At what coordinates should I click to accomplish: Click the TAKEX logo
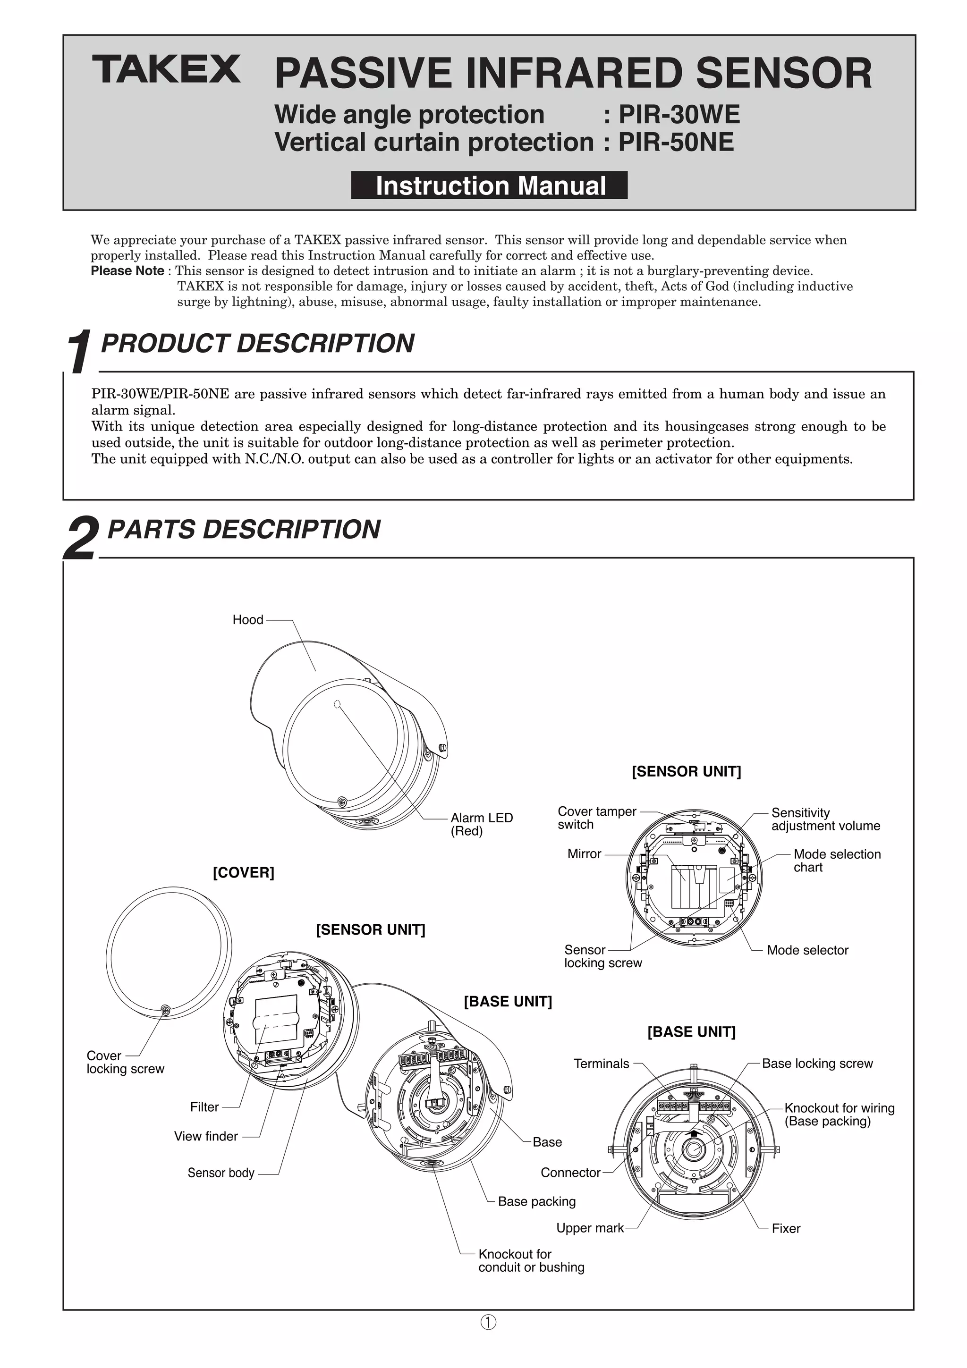(166, 70)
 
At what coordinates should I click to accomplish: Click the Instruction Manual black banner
(489, 186)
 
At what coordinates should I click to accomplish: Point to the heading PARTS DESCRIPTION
(243, 529)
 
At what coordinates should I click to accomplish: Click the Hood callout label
(247, 620)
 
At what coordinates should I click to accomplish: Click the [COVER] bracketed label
(243, 872)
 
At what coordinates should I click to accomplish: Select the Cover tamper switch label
(596, 818)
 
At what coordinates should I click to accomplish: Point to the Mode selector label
(807, 950)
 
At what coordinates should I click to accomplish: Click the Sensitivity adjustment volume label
(825, 819)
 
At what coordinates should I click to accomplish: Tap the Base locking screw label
(817, 1063)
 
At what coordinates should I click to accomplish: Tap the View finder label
(205, 1136)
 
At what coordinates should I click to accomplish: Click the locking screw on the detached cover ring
(166, 1009)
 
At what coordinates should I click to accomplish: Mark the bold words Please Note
(127, 270)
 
